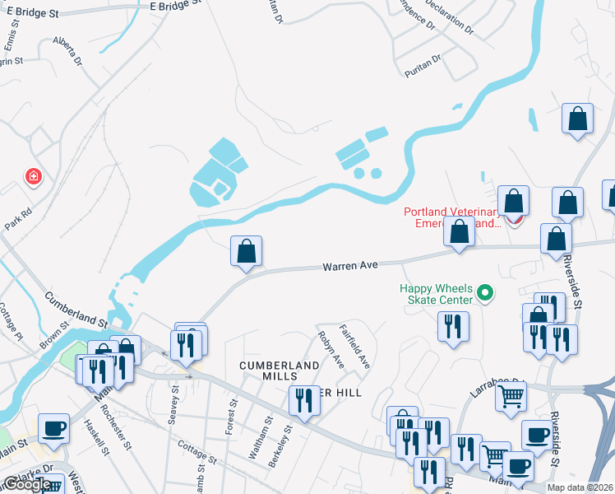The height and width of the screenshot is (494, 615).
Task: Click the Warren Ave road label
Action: [349, 266]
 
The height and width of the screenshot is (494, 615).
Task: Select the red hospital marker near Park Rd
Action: [33, 176]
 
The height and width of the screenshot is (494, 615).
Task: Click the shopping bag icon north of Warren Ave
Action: [247, 251]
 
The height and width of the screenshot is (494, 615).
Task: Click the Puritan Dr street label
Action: [423, 65]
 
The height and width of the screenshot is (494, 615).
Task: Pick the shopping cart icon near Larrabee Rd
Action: [511, 396]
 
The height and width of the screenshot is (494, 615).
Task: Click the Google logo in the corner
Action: [27, 484]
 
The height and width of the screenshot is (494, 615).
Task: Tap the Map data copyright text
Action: [579, 487]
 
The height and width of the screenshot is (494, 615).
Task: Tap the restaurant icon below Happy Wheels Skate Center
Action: [453, 327]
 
